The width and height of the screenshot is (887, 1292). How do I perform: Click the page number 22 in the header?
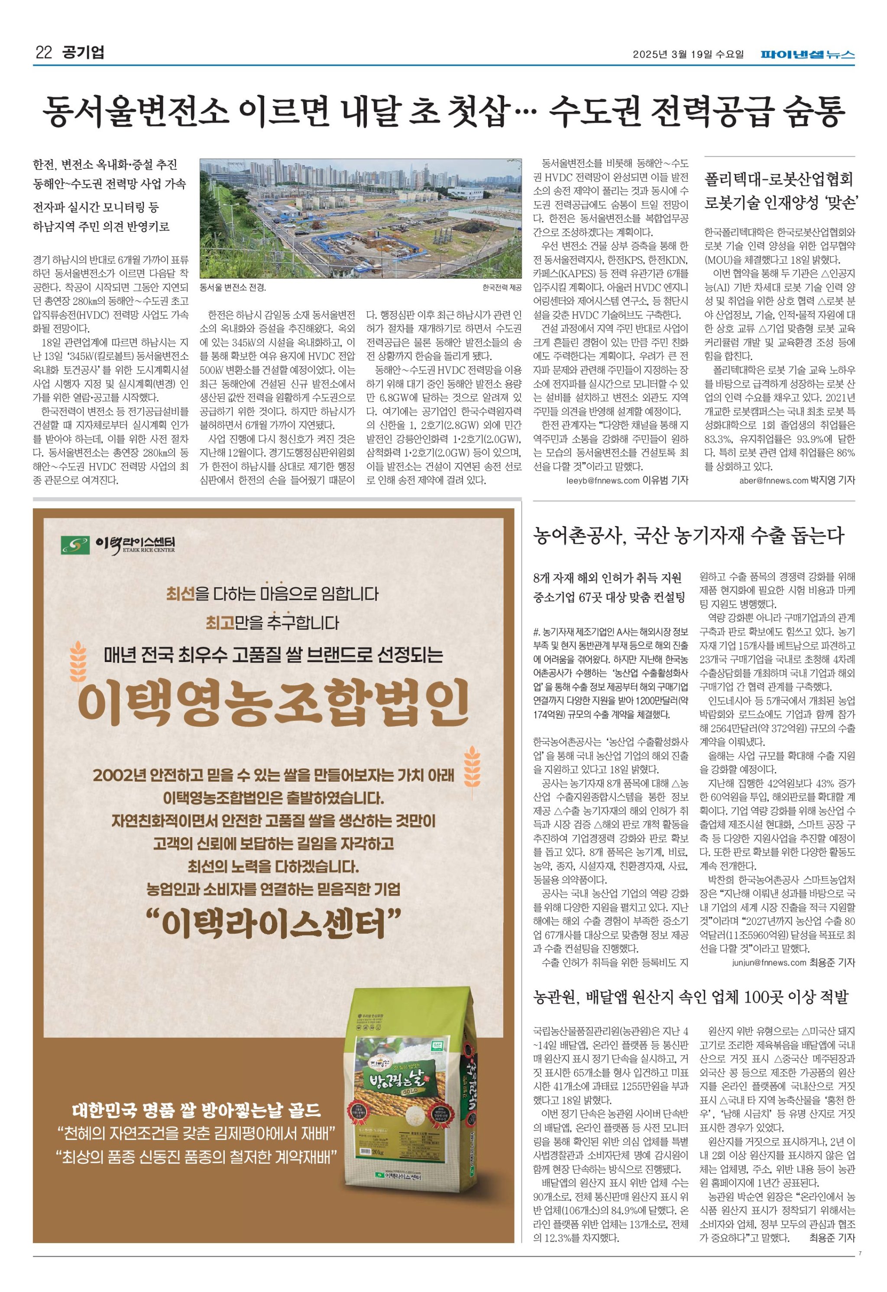pyautogui.click(x=43, y=53)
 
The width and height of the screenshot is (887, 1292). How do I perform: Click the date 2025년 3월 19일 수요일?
pyautogui.click(x=688, y=55)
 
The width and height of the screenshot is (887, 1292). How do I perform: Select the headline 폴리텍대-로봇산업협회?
pyautogui.click(x=778, y=179)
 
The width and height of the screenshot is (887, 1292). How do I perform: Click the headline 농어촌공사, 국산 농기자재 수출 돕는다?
pyautogui.click(x=688, y=536)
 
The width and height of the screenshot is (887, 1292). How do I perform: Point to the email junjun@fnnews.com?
pyautogui.click(x=769, y=962)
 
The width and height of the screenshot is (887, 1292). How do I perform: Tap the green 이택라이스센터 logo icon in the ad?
pyautogui.click(x=75, y=545)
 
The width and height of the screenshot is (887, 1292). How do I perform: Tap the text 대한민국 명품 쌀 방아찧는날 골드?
pyautogui.click(x=197, y=1111)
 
